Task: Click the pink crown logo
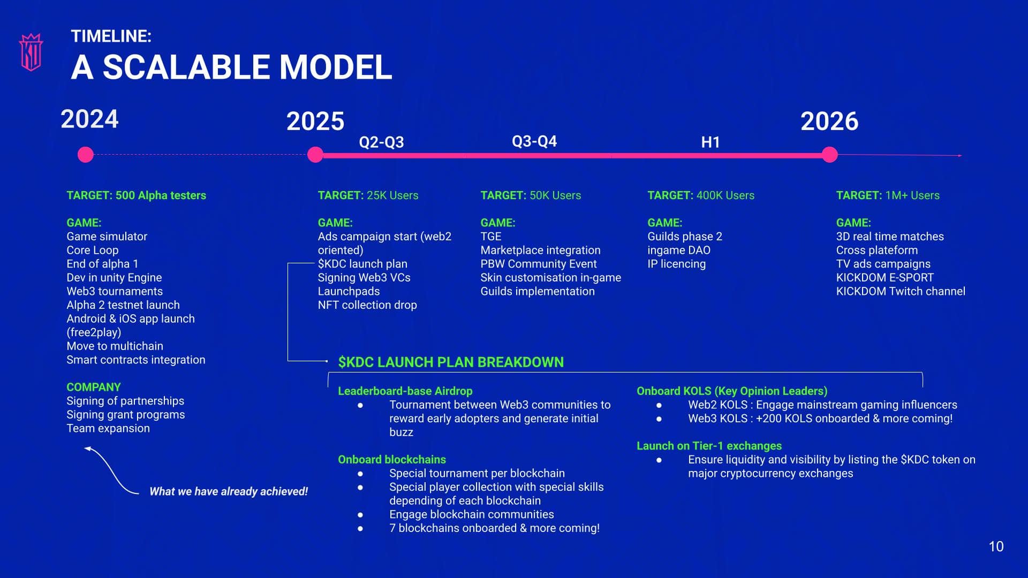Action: pos(31,52)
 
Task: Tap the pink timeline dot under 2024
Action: pos(86,155)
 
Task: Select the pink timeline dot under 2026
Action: pos(829,155)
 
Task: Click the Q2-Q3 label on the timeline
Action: pos(381,142)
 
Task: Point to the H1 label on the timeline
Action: pos(710,142)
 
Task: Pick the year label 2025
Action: pos(315,121)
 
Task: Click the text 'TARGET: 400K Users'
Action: pos(701,195)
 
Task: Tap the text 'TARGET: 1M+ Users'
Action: pos(888,195)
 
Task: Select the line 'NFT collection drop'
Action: pos(367,305)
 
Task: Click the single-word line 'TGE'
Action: pos(491,237)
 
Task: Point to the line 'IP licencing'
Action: pos(676,264)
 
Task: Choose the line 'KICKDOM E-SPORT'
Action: pos(885,278)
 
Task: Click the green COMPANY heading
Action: pos(94,387)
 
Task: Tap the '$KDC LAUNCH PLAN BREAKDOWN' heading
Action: pos(451,362)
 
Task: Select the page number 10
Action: pos(996,546)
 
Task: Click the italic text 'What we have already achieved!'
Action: pos(229,491)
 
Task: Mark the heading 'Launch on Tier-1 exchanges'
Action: pos(709,446)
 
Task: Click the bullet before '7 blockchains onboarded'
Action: pos(360,528)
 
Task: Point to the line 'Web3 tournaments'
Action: pos(115,291)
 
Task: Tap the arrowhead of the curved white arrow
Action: pos(88,449)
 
